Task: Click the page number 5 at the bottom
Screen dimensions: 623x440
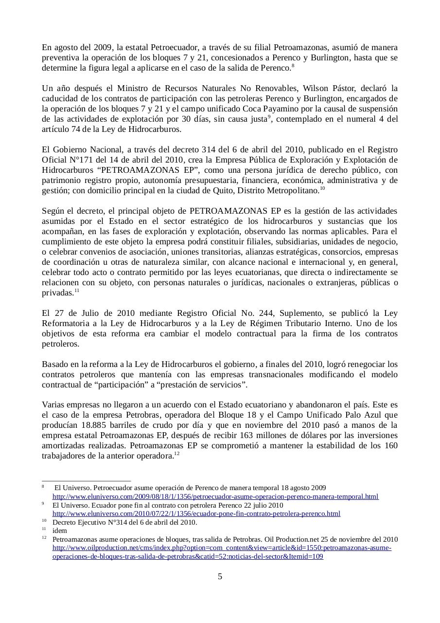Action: pos(220,577)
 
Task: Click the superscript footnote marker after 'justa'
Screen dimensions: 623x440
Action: pos(269,117)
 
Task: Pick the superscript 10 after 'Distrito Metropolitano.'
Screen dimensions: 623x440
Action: pos(322,188)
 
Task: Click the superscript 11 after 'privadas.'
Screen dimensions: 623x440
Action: pos(77,291)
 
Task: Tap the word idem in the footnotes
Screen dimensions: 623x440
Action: pos(60,531)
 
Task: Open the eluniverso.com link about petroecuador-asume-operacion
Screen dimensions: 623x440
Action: pos(215,497)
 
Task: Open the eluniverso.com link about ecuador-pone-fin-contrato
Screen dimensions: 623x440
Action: pos(196,514)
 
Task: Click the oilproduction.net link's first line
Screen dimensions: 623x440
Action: pos(222,548)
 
